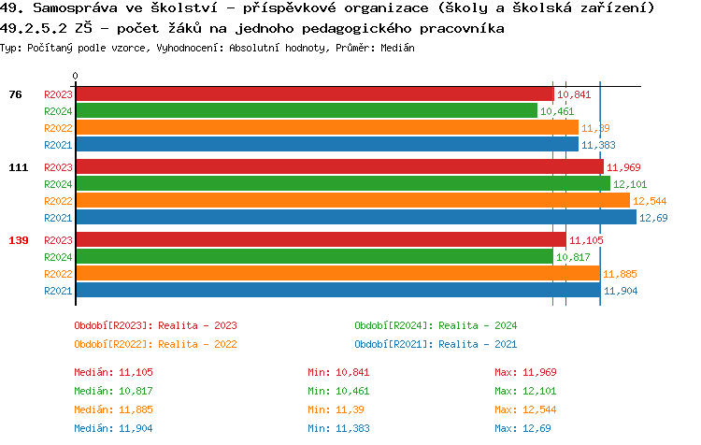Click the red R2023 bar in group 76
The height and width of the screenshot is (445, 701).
coord(314,94)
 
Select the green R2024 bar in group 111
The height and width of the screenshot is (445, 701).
coord(342,184)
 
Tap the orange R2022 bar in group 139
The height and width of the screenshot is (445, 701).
coord(337,274)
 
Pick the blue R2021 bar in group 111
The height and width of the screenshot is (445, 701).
coord(355,218)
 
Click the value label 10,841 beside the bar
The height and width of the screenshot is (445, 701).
coord(574,94)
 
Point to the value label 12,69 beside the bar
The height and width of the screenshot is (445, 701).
coord(652,218)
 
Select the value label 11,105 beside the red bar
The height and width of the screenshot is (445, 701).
coord(586,240)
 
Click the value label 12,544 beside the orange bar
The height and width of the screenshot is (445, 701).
coord(650,201)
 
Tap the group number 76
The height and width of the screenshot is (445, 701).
coord(15,94)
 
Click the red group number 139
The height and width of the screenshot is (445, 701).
coord(19,240)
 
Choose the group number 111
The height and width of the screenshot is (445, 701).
coord(19,167)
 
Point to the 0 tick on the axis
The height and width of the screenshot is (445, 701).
coord(76,77)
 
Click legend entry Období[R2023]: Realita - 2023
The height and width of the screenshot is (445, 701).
coord(155,325)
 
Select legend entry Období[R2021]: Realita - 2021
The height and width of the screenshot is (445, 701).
coord(436,343)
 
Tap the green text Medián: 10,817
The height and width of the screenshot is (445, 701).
coord(113,390)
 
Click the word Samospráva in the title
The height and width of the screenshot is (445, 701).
coord(71,8)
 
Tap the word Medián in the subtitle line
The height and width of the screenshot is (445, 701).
coord(397,47)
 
